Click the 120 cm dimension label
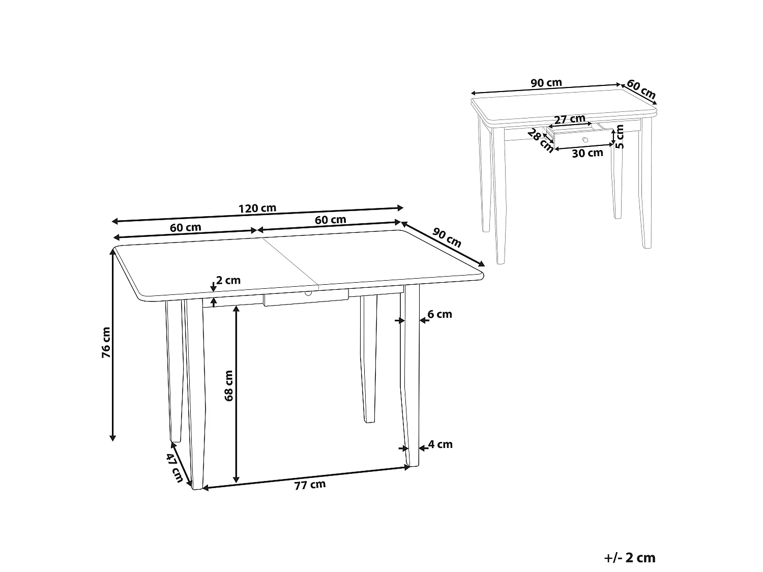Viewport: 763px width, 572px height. pyautogui.click(x=257, y=208)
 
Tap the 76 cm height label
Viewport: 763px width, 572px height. pyautogui.click(x=106, y=343)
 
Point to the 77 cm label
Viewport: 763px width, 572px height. pyautogui.click(x=310, y=485)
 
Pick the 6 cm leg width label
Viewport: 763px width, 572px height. pyautogui.click(x=440, y=315)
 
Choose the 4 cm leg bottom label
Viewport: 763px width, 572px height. pyautogui.click(x=441, y=445)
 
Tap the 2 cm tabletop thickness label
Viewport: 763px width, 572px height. pyautogui.click(x=228, y=280)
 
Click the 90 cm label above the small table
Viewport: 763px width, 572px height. pyautogui.click(x=546, y=83)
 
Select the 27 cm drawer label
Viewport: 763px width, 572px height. pyautogui.click(x=570, y=119)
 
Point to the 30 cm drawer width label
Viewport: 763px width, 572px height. pyautogui.click(x=587, y=153)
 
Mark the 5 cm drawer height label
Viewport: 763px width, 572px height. pyautogui.click(x=620, y=136)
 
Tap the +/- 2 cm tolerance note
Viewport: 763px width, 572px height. pyautogui.click(x=630, y=558)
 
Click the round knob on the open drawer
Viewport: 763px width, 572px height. pyautogui.click(x=585, y=139)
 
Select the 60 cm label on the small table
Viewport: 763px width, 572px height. pyautogui.click(x=641, y=89)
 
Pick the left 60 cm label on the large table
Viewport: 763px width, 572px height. pyautogui.click(x=186, y=228)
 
